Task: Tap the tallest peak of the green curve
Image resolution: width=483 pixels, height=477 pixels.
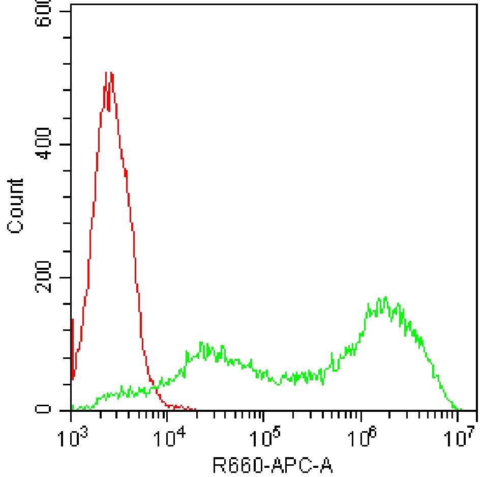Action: [x=385, y=297]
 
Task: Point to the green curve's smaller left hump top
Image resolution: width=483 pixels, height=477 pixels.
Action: [x=202, y=343]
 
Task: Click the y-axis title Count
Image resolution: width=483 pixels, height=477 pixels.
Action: [x=16, y=206]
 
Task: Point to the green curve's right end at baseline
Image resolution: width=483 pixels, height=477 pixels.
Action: [x=459, y=409]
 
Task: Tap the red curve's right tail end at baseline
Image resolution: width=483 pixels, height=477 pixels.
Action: [x=195, y=409]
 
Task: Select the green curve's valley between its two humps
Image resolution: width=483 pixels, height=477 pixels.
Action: [x=279, y=383]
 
